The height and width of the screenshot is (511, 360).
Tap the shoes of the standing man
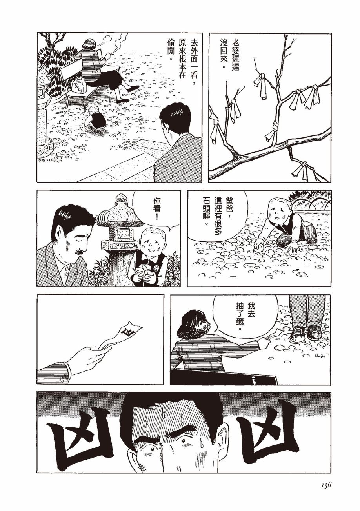point(305,334)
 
